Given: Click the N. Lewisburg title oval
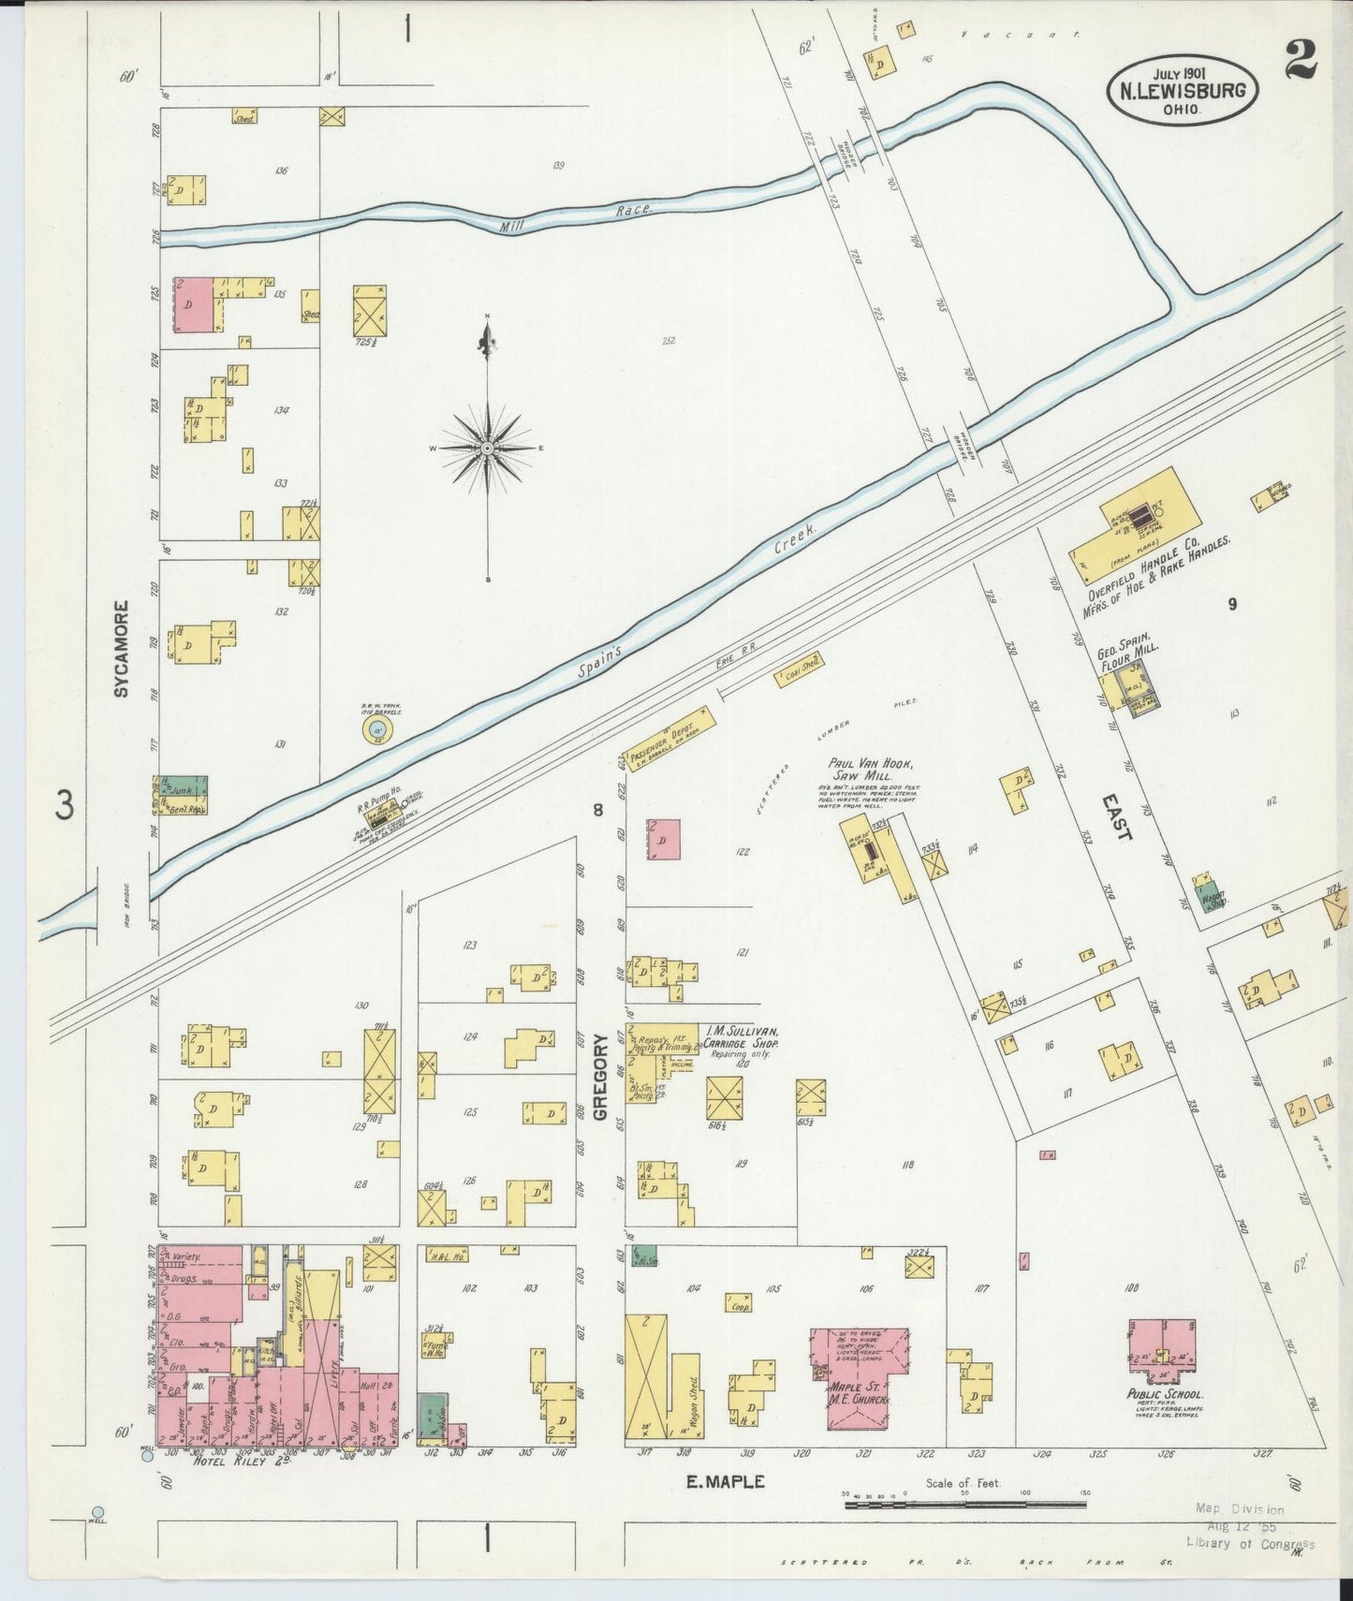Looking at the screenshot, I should pos(1183,90).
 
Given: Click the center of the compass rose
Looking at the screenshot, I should pos(488,448).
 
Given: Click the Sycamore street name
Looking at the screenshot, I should pos(121,650).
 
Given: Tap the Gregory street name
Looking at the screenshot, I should pos(600,1077).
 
